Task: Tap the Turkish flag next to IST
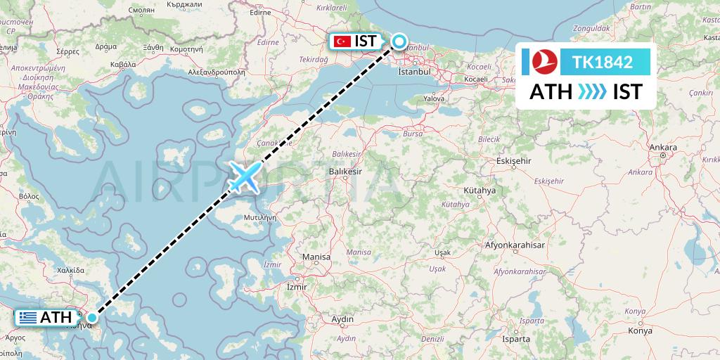pyautogui.click(x=342, y=42)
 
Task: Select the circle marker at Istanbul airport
pyautogui.click(x=399, y=42)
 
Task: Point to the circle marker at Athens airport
pyautogui.click(x=92, y=318)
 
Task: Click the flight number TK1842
pyautogui.click(x=603, y=62)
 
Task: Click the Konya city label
pyautogui.click(x=640, y=330)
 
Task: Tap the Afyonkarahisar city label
pyautogui.click(x=515, y=245)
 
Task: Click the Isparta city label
pyautogui.click(x=515, y=338)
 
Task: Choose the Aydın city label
pyautogui.click(x=342, y=319)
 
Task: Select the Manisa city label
pyautogui.click(x=316, y=257)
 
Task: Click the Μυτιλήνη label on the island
pyautogui.click(x=258, y=218)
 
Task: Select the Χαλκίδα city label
pyautogui.click(x=70, y=269)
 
